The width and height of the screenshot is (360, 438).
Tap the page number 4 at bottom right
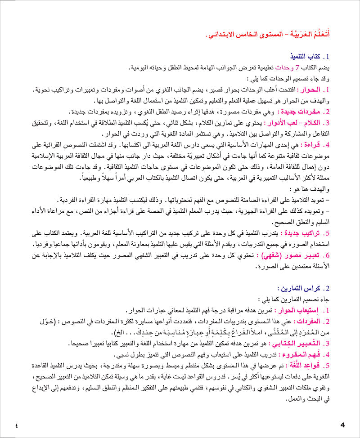point(342,425)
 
